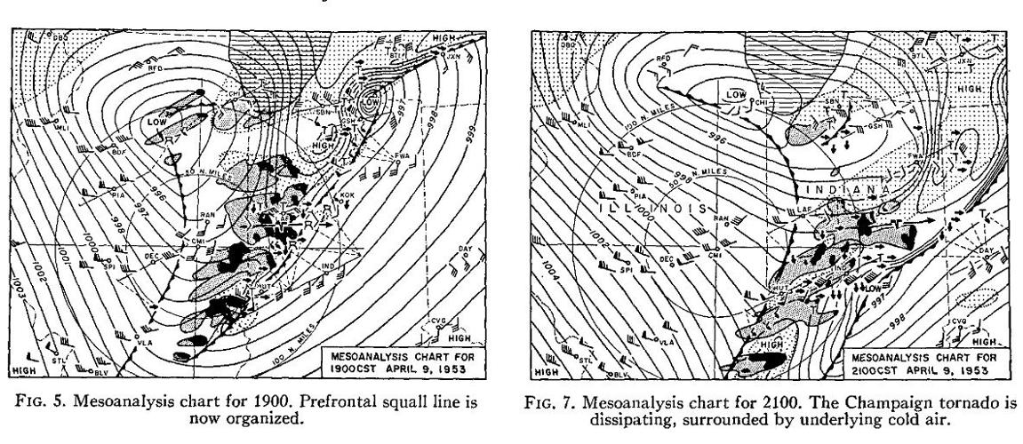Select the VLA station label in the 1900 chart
[x=146, y=340]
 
